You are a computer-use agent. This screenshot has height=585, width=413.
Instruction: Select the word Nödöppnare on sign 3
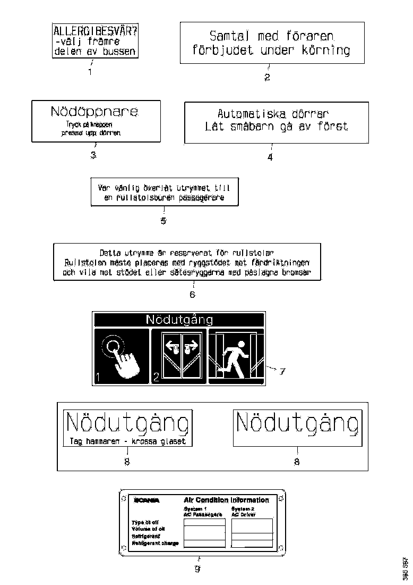(94, 112)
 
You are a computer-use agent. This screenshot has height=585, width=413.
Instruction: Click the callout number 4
(270, 157)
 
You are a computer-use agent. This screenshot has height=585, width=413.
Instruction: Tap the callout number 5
(164, 221)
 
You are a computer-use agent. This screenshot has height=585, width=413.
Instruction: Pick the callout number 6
(192, 294)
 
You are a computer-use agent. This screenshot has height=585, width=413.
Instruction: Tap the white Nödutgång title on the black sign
(179, 320)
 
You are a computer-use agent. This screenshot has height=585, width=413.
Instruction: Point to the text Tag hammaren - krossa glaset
(127, 441)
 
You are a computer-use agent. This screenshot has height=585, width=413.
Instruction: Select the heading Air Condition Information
(226, 500)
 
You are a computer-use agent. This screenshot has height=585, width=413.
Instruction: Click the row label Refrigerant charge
(155, 543)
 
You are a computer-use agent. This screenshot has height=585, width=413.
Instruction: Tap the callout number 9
(197, 569)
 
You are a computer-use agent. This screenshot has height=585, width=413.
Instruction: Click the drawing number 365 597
(405, 567)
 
